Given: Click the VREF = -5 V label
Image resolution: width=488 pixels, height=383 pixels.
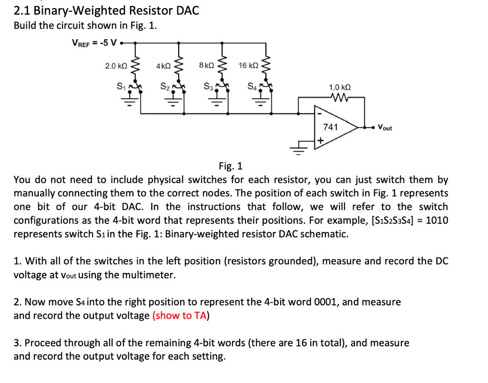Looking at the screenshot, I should (94, 43).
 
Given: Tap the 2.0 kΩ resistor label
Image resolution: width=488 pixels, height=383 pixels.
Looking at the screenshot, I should (115, 66).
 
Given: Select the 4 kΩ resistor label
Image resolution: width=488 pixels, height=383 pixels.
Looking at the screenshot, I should (163, 66).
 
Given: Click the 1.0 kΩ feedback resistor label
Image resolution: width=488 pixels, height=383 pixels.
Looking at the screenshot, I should (340, 87).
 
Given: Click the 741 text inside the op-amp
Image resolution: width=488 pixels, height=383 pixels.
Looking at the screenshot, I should (330, 127).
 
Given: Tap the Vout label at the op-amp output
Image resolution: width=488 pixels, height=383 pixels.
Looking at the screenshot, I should (385, 128).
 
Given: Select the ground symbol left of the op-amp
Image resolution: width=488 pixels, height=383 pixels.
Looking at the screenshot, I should (299, 151).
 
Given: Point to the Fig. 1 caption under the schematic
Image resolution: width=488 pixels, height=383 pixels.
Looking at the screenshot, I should (231, 166).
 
